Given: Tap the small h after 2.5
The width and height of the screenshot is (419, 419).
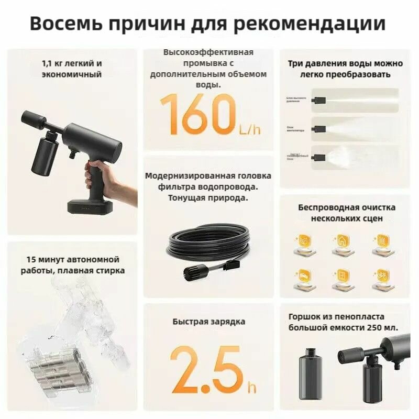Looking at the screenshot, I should click(252, 388).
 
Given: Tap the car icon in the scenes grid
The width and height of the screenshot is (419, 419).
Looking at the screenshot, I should click(304, 277).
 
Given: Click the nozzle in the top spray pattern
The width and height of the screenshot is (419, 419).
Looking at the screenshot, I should click(319, 98).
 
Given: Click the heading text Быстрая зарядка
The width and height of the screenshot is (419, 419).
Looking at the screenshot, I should click(208, 322).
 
